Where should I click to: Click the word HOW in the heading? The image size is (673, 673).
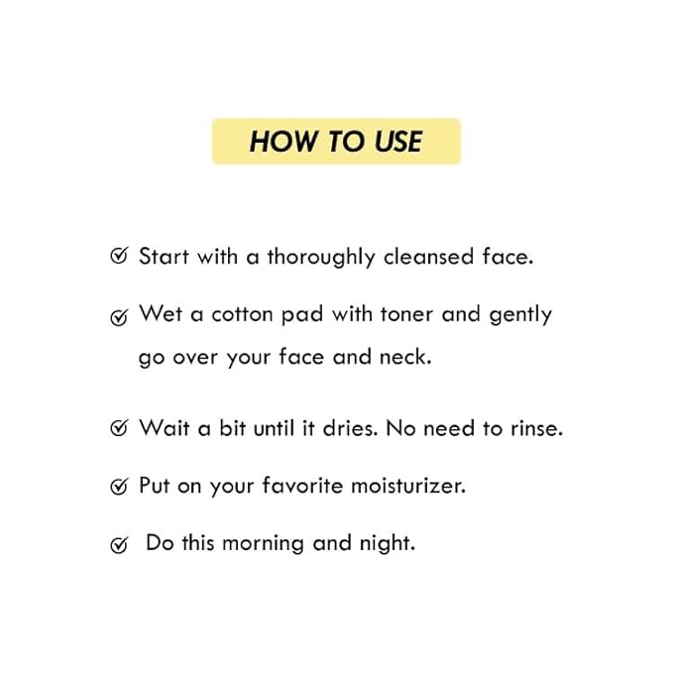tap(283, 141)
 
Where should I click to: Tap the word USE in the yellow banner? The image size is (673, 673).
tap(398, 141)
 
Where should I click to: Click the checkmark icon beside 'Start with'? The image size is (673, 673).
tap(119, 256)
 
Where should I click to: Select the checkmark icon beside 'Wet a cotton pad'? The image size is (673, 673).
tap(119, 317)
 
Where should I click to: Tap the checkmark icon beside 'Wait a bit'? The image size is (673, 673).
tap(119, 427)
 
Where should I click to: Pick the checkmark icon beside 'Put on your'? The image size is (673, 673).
tap(119, 487)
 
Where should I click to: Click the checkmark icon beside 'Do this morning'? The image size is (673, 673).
tap(119, 545)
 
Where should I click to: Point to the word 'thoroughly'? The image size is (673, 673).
tap(321, 258)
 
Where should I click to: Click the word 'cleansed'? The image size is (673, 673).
tap(429, 257)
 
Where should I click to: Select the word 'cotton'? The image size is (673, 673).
tap(243, 314)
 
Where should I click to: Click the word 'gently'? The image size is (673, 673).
tap(520, 315)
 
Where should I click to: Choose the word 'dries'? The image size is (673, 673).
tap(350, 428)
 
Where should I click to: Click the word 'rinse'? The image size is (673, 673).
tap(536, 428)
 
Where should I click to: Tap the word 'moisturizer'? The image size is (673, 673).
tap(408, 486)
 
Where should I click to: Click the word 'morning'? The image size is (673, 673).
tap(264, 544)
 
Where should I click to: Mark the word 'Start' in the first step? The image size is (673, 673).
tap(164, 257)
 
